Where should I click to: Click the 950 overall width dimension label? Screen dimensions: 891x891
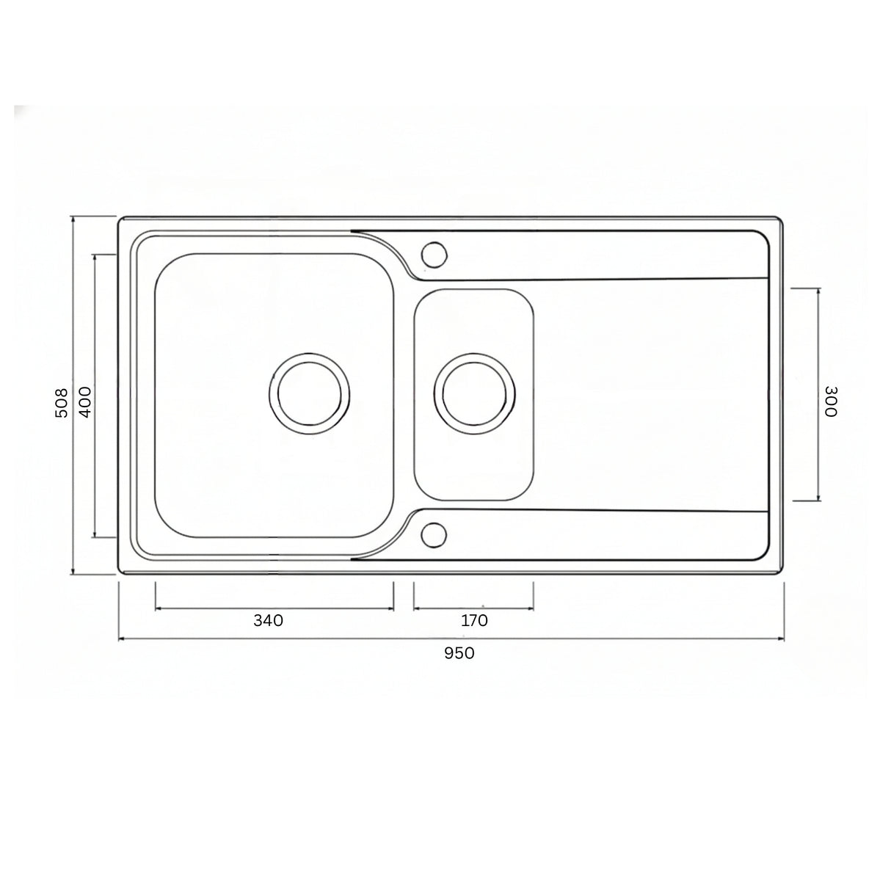(x=459, y=653)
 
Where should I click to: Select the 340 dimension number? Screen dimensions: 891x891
(x=268, y=621)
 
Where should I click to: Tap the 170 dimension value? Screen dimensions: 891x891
(x=474, y=621)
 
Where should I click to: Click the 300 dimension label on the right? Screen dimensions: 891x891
(x=830, y=401)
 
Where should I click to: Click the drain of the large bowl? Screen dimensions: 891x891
(x=309, y=394)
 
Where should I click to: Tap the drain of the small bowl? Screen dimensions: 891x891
(x=474, y=390)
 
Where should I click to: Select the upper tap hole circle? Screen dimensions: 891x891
(x=434, y=254)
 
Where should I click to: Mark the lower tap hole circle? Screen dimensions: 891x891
(x=434, y=534)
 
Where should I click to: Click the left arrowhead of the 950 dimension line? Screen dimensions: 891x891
(x=120, y=639)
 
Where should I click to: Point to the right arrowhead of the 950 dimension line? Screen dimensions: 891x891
(x=785, y=639)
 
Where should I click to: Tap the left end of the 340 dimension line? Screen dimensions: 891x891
(x=156, y=608)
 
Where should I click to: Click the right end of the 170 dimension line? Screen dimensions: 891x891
(x=534, y=608)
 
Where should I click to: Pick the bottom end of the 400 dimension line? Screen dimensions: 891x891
(x=95, y=537)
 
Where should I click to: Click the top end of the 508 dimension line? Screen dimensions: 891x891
(x=73, y=217)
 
